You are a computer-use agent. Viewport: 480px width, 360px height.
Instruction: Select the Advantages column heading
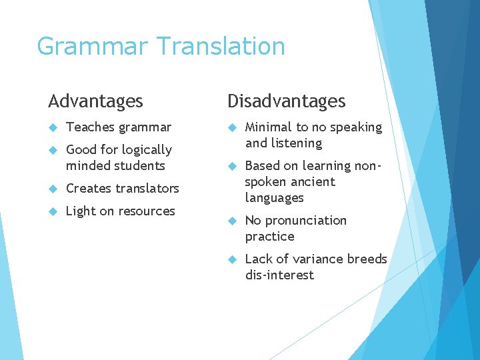95,101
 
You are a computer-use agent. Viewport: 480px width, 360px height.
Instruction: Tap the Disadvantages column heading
287,101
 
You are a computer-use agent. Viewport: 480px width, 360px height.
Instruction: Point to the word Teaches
90,127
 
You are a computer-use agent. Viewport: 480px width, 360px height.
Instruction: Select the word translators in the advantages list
148,188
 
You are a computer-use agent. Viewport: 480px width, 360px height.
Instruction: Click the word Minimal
269,127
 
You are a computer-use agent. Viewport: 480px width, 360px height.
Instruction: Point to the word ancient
314,181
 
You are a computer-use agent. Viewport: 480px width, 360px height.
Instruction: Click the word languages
274,198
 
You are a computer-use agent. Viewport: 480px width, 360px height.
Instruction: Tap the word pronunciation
306,221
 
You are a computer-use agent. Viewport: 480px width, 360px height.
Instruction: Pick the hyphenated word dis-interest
279,275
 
